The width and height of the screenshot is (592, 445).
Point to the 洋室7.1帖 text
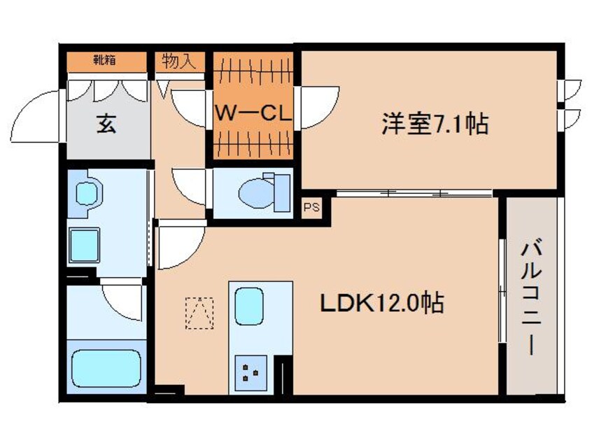coord(435,124)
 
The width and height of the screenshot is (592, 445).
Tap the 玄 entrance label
coord(106,125)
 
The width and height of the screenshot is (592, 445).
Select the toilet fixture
coord(263,190)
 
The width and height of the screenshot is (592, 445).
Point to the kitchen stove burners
coord(250,372)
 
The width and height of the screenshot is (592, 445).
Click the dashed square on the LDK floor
coord(199,313)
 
